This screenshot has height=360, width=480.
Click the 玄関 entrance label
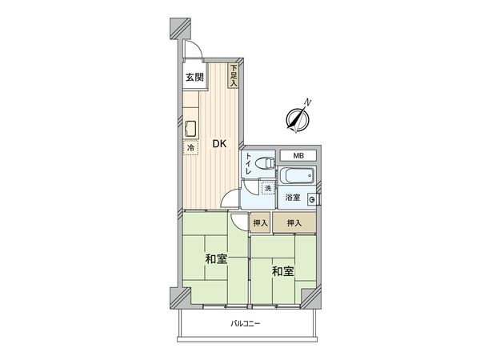pos(194,78)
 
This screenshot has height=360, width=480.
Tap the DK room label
pos(218,144)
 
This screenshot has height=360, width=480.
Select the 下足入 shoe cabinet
pos(234,75)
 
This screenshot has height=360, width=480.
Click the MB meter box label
pos(298,155)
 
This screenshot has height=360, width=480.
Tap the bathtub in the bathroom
pos(297,176)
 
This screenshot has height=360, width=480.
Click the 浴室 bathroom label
pos(292,197)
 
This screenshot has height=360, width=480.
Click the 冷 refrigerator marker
pos(191,148)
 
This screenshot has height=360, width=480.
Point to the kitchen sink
pos(193,128)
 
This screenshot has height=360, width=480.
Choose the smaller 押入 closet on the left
pos(260,223)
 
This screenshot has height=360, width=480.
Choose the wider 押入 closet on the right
pos(294,223)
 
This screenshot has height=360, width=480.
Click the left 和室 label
pos(214,259)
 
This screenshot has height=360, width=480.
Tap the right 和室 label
pos(282,271)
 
